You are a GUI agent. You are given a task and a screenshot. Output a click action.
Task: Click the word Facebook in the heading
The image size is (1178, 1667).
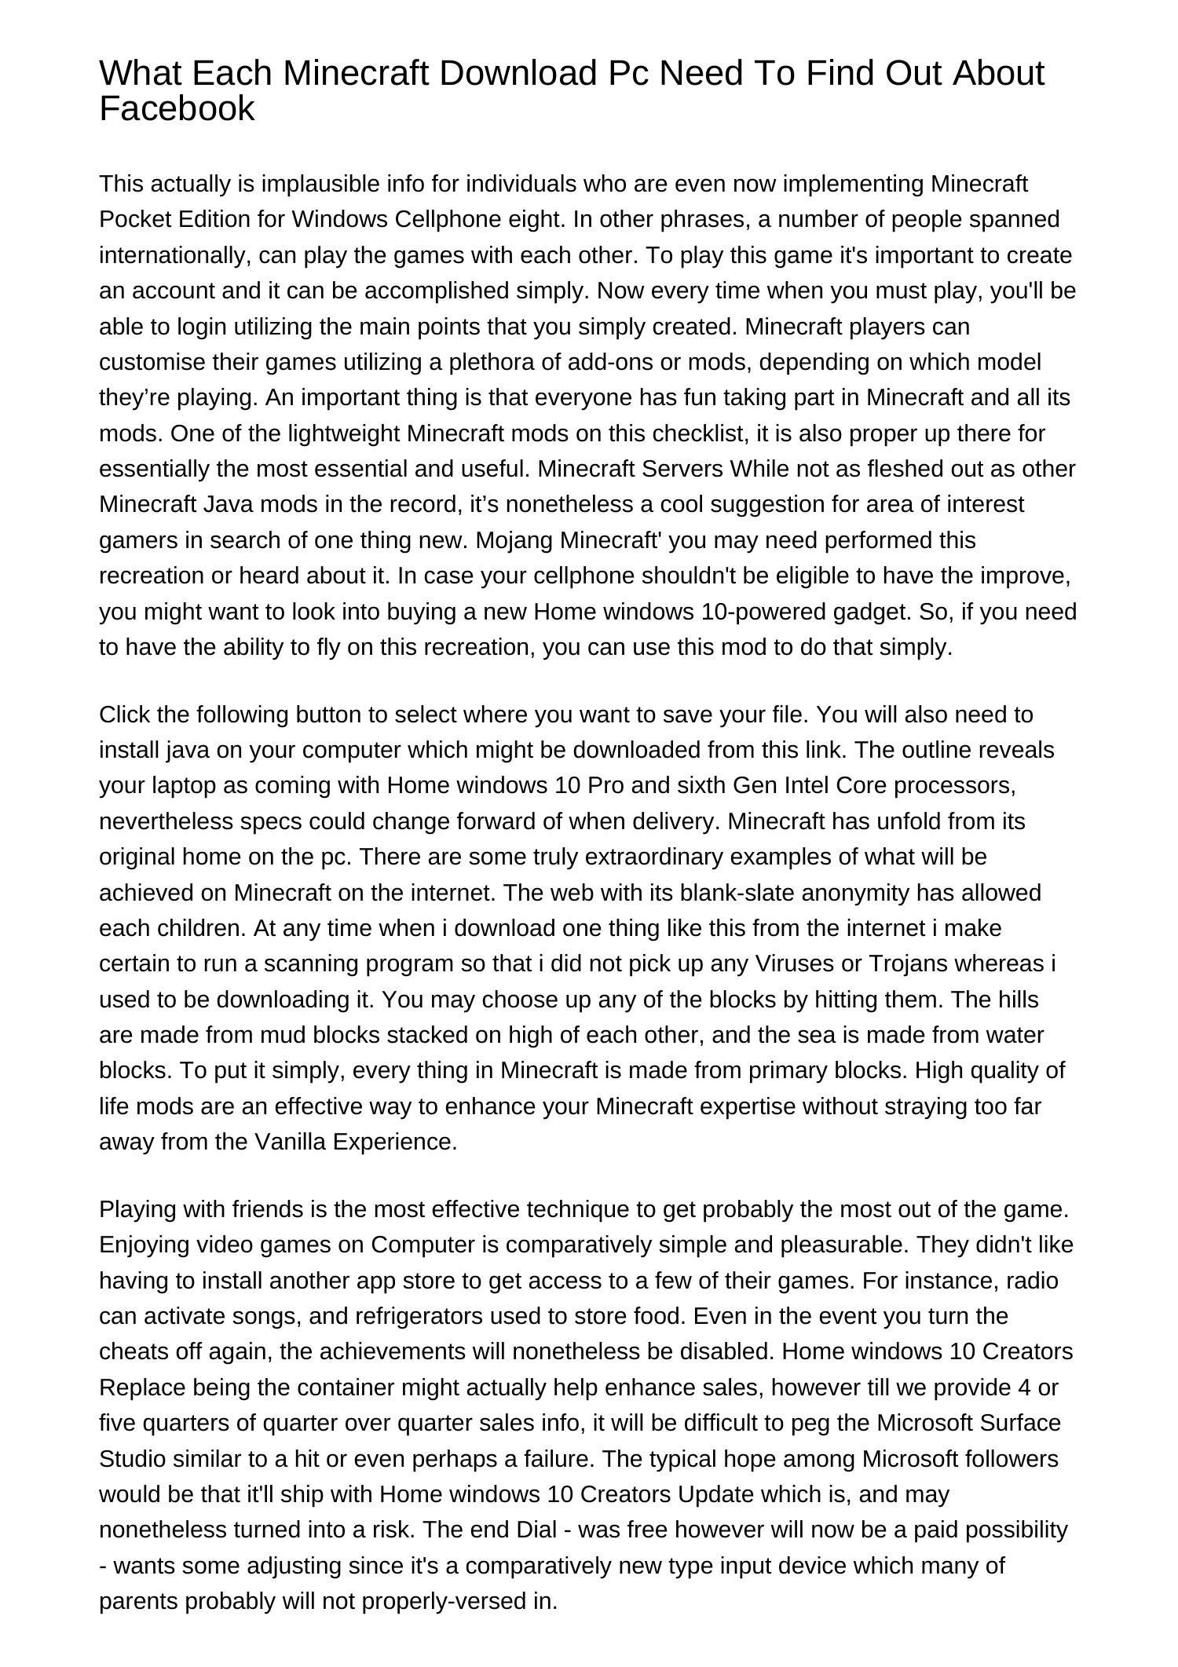[x=177, y=108]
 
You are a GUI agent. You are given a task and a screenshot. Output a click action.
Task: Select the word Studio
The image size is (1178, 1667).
[x=132, y=1458]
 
